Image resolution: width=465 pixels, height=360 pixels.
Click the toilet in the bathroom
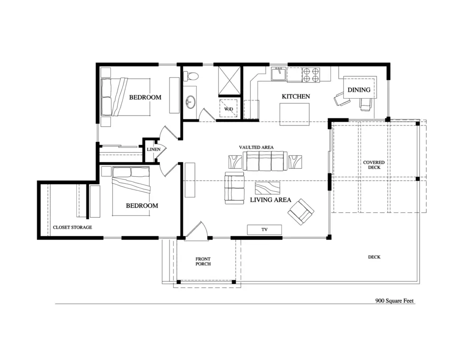(x=191, y=76)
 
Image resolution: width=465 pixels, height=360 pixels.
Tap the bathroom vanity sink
(x=190, y=102)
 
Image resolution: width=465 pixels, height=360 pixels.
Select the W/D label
(x=228, y=109)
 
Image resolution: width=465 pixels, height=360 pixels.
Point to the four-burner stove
(x=311, y=75)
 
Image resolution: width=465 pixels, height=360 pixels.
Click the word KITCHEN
(x=296, y=96)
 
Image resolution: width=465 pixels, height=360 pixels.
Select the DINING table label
(x=359, y=90)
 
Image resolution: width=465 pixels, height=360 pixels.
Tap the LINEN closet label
(x=153, y=149)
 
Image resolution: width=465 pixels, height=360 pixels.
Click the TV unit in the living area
(x=264, y=230)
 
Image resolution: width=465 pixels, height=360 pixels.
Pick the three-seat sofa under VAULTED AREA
(x=265, y=161)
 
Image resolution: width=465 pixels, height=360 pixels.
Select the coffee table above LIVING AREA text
(x=267, y=188)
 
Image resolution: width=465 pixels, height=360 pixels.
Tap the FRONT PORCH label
(x=203, y=261)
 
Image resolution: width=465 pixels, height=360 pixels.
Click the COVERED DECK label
(x=374, y=165)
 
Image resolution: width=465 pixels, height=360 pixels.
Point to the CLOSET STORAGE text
(x=72, y=227)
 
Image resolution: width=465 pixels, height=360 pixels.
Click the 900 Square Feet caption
(x=395, y=300)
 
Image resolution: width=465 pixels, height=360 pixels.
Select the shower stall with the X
(x=229, y=80)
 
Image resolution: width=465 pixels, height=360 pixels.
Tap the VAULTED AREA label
(x=256, y=147)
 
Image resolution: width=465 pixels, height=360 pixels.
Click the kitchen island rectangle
(x=294, y=114)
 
